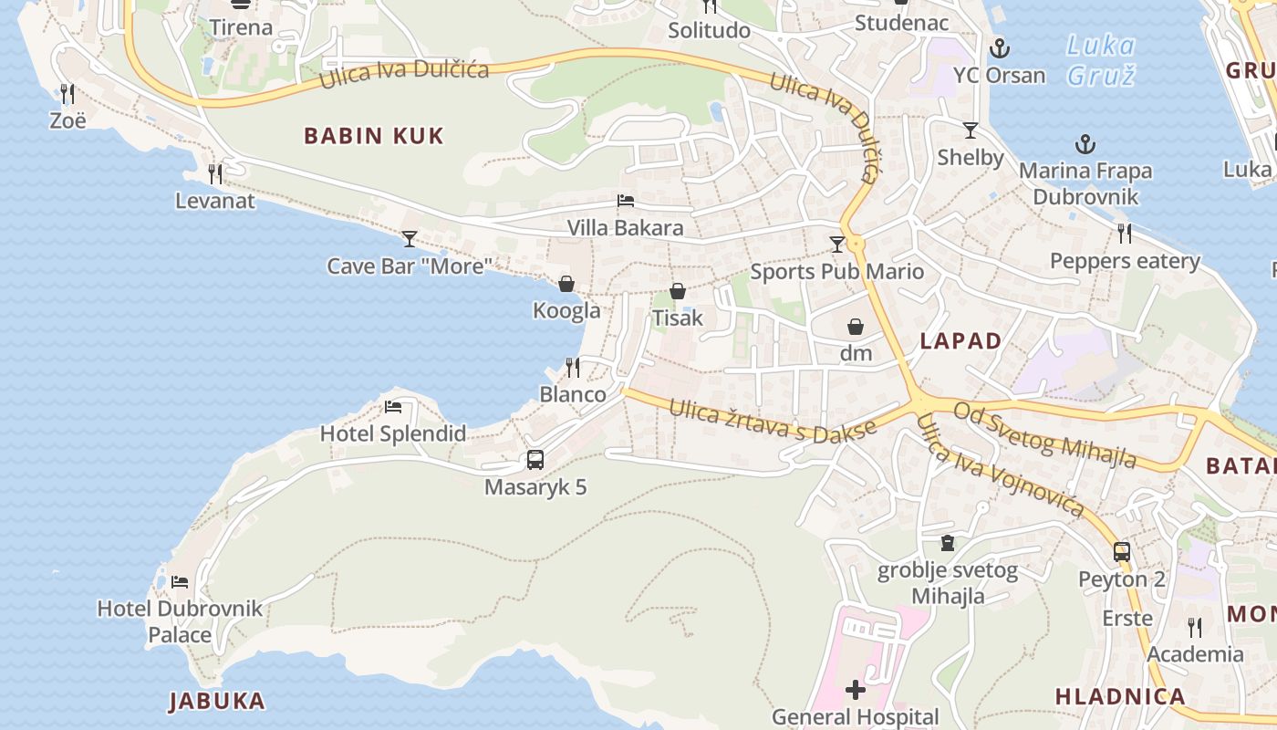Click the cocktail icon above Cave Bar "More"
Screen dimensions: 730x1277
click(x=410, y=239)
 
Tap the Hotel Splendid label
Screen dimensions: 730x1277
click(x=392, y=433)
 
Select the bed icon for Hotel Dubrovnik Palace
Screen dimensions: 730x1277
click(x=180, y=581)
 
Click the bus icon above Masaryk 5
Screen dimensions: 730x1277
click(x=535, y=460)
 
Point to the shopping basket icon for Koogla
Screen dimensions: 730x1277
click(x=566, y=284)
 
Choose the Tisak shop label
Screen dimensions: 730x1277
click(x=677, y=318)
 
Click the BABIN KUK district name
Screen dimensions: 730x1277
click(x=373, y=136)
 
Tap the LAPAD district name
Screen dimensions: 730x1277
click(x=960, y=341)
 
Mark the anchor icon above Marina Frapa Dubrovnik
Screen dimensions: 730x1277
click(x=1085, y=144)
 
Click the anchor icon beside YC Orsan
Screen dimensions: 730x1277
click(x=1000, y=47)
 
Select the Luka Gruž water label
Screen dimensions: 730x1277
click(x=1101, y=60)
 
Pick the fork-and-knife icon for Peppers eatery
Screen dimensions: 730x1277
click(x=1125, y=234)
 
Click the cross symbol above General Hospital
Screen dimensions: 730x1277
click(x=855, y=690)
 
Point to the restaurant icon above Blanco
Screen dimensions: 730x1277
click(x=573, y=368)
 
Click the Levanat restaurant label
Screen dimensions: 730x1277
click(x=215, y=201)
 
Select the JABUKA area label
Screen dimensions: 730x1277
click(x=217, y=701)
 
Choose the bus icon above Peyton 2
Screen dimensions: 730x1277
click(x=1121, y=552)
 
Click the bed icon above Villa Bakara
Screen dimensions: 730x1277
click(x=625, y=201)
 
